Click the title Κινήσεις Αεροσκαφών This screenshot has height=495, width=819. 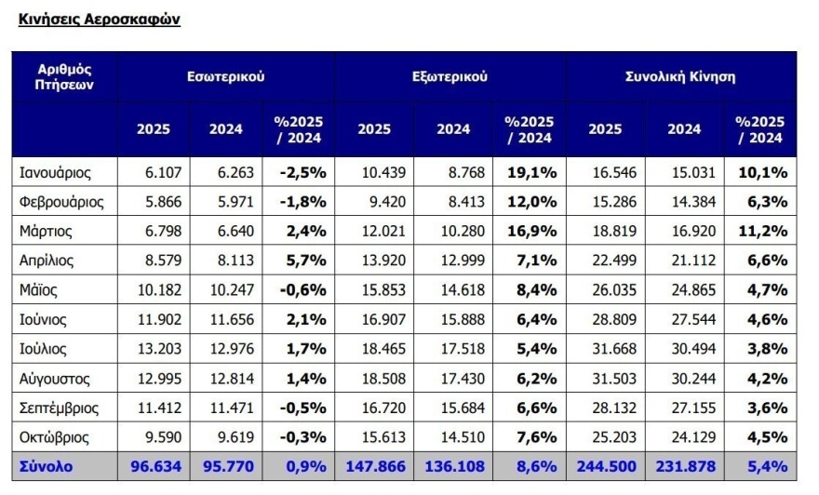tap(99, 19)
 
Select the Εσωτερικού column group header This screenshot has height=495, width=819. tap(225, 76)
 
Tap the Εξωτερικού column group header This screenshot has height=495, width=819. tap(450, 76)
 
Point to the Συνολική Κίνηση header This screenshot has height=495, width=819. tap(679, 76)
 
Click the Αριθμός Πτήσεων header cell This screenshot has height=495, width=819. tap(64, 76)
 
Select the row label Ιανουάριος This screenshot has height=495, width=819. tap(56, 171)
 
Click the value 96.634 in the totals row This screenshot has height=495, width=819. tap(154, 465)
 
